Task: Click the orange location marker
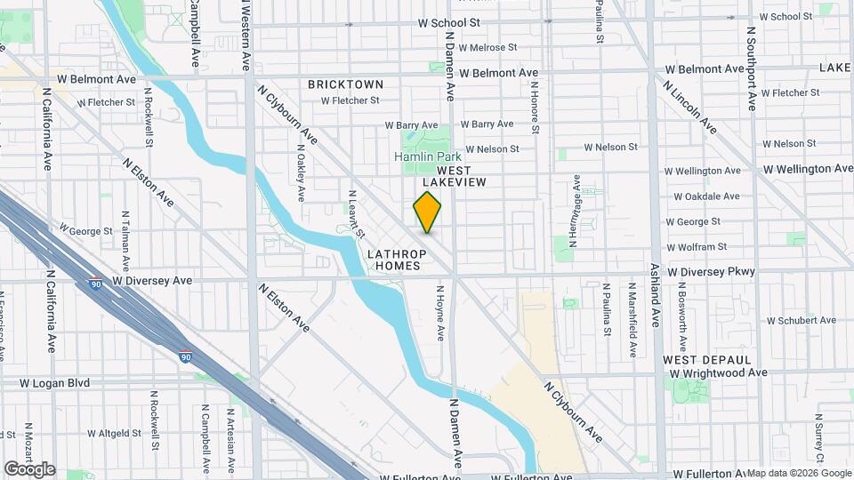[x=428, y=212]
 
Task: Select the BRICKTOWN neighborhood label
[x=346, y=84]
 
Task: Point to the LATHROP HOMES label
[x=397, y=260]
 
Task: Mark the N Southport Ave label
[x=752, y=68]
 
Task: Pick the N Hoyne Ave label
[x=439, y=312]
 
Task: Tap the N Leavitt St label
[x=357, y=213]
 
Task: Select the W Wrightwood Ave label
[x=719, y=372]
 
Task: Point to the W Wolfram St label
[x=697, y=246]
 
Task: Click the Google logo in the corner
[x=29, y=468]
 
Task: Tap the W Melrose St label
[x=487, y=47]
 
